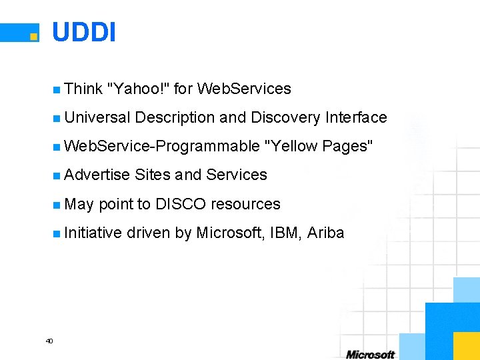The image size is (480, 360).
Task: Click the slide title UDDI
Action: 83,31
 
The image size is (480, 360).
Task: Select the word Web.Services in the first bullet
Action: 245,89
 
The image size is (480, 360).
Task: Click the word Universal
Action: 97,117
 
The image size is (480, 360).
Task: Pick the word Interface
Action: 356,117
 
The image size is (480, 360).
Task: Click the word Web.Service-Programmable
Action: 162,146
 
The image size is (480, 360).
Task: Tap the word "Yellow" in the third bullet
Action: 291,146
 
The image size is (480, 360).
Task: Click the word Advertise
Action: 97,175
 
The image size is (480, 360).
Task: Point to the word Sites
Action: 153,175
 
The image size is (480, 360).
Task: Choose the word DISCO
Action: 181,204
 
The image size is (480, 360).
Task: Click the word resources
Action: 245,204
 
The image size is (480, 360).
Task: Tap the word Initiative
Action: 94,233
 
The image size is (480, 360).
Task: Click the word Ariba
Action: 326,233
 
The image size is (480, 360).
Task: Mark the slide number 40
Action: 49,341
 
